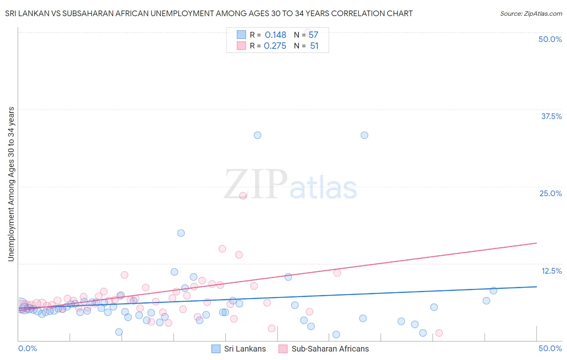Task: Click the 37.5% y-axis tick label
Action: click(551, 116)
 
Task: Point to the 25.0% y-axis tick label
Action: click(550, 193)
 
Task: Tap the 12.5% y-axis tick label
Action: click(551, 271)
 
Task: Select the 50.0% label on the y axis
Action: click(550, 39)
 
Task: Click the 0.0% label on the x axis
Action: click(27, 348)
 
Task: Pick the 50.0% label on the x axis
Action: click(550, 348)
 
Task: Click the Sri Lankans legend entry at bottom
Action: click(239, 349)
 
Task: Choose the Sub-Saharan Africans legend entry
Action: click(324, 349)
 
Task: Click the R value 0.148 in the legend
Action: click(275, 35)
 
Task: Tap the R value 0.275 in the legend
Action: click(275, 46)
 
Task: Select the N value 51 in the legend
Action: click(314, 46)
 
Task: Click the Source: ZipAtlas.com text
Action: click(531, 14)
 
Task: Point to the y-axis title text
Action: click(11, 184)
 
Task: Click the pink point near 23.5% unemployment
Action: click(243, 196)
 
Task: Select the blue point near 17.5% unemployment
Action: click(181, 233)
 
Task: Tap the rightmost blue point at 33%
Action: click(365, 135)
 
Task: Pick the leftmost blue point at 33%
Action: click(258, 135)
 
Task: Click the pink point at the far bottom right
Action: click(439, 333)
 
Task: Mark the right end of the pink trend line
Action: click(536, 243)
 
